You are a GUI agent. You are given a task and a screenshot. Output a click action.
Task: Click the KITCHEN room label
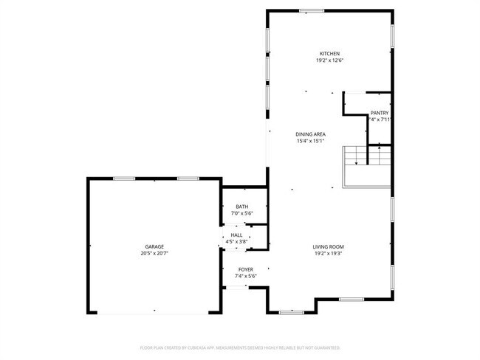[329, 54]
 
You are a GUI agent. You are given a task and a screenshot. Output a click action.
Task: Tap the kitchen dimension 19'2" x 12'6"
[329, 60]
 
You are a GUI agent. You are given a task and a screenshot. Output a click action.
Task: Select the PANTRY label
[380, 113]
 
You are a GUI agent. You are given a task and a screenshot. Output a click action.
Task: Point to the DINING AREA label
[311, 134]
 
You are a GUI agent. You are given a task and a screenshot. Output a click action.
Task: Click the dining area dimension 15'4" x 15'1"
[311, 140]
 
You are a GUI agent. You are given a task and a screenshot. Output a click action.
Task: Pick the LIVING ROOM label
[329, 246]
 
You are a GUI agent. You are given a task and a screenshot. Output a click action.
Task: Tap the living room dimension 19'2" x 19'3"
[329, 253]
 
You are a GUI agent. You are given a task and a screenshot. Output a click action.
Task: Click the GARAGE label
[154, 246]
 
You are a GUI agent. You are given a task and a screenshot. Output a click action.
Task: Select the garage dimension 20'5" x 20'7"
[154, 253]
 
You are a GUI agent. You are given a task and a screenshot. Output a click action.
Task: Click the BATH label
[242, 207]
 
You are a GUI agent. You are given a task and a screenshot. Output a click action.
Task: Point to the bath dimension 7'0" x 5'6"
[242, 213]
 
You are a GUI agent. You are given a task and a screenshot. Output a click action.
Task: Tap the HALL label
[236, 235]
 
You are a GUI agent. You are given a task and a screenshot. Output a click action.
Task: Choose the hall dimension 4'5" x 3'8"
[236, 240]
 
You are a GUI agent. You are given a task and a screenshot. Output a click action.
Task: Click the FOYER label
[245, 269]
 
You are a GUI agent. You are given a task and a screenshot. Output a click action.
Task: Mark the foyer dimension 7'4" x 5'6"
[245, 276]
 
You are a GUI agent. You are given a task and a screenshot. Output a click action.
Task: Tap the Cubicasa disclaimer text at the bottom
[240, 347]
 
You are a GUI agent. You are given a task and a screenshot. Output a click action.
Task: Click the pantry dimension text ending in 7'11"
[380, 120]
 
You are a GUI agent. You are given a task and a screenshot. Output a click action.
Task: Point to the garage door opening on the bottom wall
[154, 314]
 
